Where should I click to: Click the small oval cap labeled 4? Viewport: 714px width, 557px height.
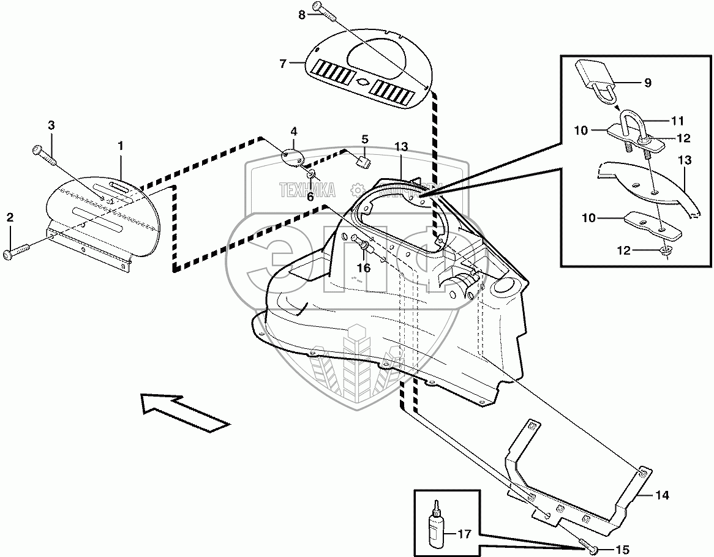click(293, 154)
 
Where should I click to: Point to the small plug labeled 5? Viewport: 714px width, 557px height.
click(363, 162)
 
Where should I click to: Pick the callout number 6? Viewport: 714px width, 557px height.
click(310, 197)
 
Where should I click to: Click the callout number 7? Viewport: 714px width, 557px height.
click(282, 63)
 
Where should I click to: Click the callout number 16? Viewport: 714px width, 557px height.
click(364, 267)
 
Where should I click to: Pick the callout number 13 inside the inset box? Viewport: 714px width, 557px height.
click(685, 160)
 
